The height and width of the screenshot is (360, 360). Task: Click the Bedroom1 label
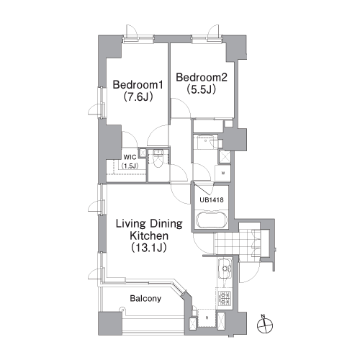(138, 85)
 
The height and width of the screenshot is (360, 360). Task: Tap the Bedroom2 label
(202, 78)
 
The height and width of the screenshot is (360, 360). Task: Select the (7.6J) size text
(138, 97)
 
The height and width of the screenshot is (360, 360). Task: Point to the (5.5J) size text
(201, 90)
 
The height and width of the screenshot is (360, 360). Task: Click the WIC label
(130, 158)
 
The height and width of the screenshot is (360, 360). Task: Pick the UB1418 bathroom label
(212, 199)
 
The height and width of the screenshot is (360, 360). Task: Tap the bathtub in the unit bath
(212, 220)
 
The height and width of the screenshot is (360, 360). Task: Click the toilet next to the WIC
(158, 158)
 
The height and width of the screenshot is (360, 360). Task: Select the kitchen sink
(225, 269)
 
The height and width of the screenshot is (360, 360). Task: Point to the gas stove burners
(225, 298)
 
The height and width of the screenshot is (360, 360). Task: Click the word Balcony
(145, 299)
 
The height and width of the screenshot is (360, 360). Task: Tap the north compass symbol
(265, 325)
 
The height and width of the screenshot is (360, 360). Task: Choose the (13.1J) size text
(149, 248)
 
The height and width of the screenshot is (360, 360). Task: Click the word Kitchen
(149, 235)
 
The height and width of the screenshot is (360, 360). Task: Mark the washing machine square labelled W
(223, 173)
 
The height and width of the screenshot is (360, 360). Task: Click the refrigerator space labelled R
(207, 318)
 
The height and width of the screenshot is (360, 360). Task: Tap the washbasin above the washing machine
(205, 142)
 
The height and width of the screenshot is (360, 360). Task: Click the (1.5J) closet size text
(130, 166)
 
